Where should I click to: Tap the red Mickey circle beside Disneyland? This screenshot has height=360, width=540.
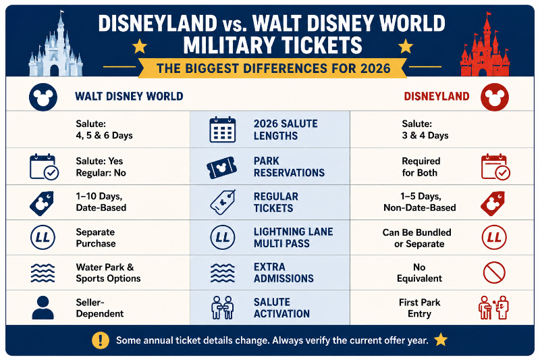(495, 97)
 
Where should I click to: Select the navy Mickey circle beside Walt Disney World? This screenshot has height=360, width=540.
(43, 97)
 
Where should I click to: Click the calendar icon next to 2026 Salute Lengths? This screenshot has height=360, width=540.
(223, 130)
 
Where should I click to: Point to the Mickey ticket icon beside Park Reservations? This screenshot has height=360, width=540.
(222, 168)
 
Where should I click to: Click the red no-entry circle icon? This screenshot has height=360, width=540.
(494, 272)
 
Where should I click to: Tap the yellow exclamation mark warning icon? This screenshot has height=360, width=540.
(101, 340)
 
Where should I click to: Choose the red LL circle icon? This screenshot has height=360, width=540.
(494, 237)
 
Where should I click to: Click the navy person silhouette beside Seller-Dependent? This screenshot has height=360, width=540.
(43, 307)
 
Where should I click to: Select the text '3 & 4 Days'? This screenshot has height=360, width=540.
(425, 135)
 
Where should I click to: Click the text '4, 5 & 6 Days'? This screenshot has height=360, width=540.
(104, 135)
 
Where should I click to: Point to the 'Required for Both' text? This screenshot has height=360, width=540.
(421, 167)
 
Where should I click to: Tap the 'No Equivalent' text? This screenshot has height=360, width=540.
(419, 272)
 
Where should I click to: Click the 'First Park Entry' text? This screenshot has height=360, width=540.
(419, 308)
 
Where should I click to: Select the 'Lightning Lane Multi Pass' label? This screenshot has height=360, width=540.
(293, 237)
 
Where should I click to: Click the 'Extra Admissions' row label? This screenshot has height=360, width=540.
(283, 272)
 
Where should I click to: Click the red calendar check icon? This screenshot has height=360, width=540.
(495, 167)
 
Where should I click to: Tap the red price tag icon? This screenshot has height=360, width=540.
(493, 203)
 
